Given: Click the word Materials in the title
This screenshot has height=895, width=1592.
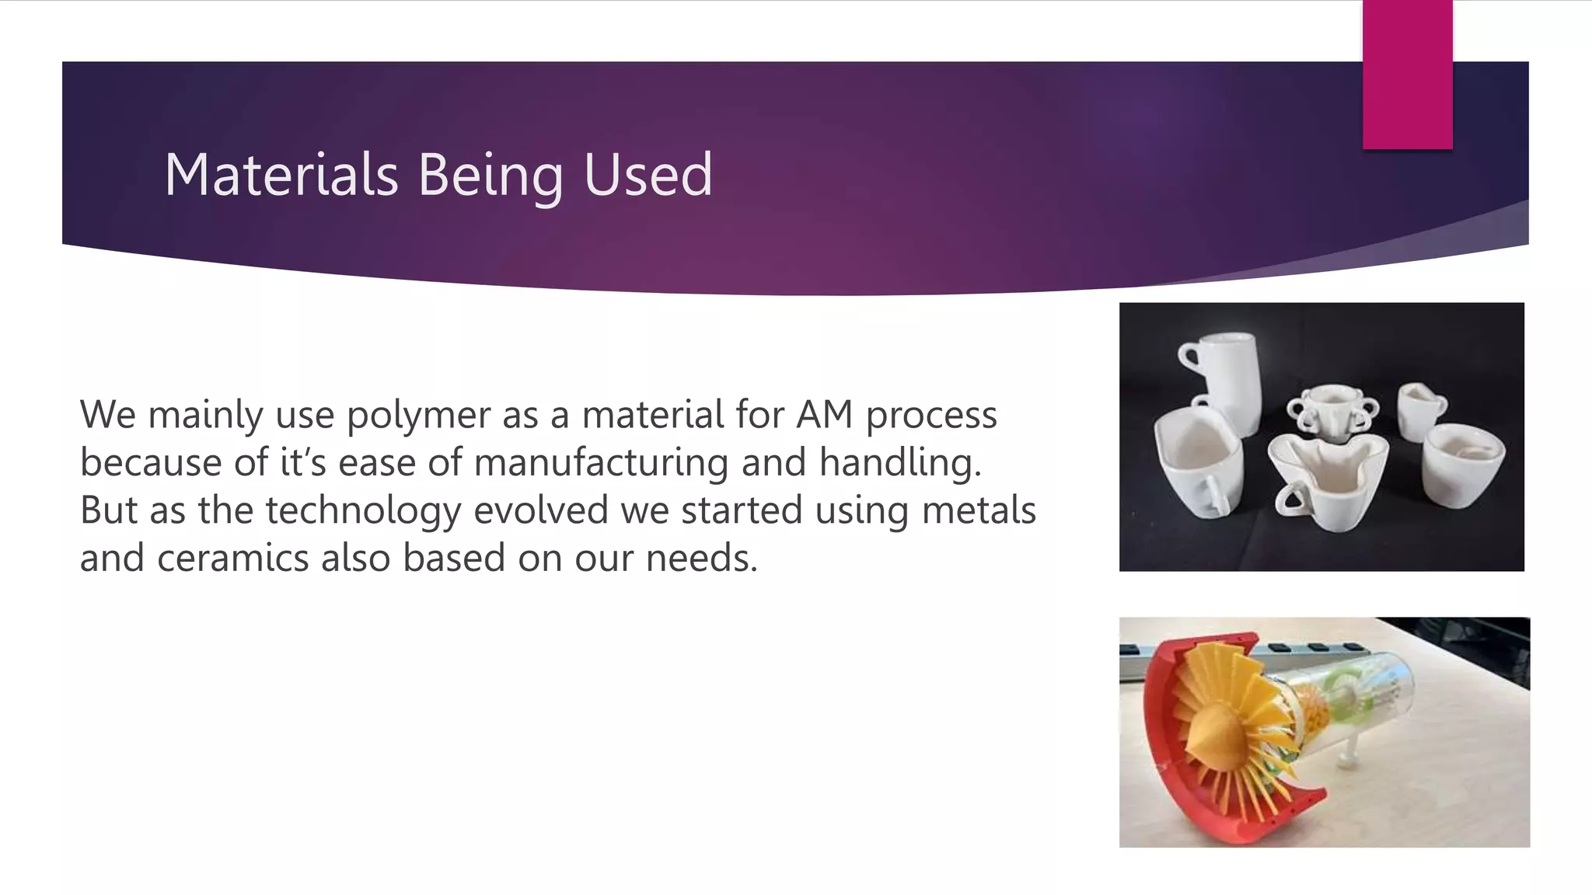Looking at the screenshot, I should coord(281,174).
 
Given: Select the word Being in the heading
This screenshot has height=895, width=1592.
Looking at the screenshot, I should coord(491,176).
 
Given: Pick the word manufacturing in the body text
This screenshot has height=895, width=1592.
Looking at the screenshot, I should coord(601,463).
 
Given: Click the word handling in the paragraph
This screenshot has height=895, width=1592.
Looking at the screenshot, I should coord(899,463).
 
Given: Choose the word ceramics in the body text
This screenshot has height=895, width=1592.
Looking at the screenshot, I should coord(233,559).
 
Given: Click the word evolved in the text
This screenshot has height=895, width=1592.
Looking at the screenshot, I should coord(540,510).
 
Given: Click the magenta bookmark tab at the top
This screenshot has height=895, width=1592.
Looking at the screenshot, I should coord(1407,74).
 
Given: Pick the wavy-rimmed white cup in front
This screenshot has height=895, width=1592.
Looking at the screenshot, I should coord(1328,478).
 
